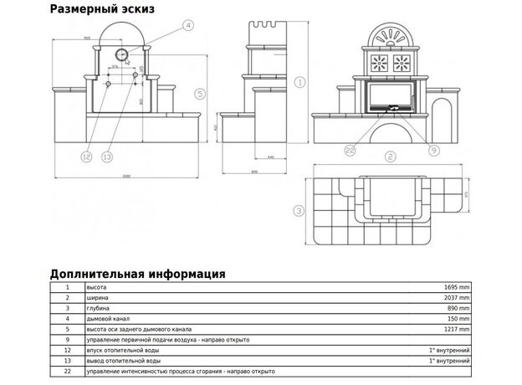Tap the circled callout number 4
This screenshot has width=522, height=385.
[188, 26]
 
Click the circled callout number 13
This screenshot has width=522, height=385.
[106, 156]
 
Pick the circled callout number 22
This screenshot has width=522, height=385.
[350, 150]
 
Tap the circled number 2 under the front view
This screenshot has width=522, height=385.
[390, 157]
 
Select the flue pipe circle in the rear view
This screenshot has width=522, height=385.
[121, 54]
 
